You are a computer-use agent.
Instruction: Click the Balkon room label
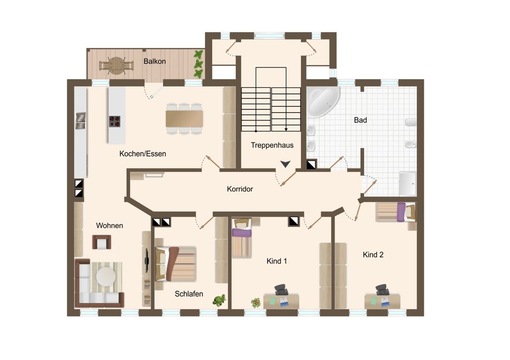(155, 61)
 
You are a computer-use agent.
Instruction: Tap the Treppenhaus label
(272, 145)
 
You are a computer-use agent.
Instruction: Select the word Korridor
(240, 189)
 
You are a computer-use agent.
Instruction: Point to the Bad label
(361, 120)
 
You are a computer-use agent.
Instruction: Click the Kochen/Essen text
(142, 154)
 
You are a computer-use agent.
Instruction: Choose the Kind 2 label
(373, 254)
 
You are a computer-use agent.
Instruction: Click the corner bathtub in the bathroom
(323, 101)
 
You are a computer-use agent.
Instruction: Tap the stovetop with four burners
(114, 121)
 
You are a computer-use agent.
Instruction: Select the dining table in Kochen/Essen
(185, 119)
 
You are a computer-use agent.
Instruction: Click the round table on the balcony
(116, 66)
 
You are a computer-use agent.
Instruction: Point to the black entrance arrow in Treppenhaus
(285, 164)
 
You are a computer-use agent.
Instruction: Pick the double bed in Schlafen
(175, 264)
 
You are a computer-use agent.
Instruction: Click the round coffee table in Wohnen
(106, 277)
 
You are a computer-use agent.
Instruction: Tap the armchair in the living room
(101, 242)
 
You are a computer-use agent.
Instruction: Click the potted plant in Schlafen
(219, 300)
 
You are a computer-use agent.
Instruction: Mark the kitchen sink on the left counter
(81, 121)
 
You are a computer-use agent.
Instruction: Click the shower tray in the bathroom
(407, 184)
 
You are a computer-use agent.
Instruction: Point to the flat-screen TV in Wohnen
(147, 261)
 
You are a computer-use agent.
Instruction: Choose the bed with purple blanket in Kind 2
(396, 212)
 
